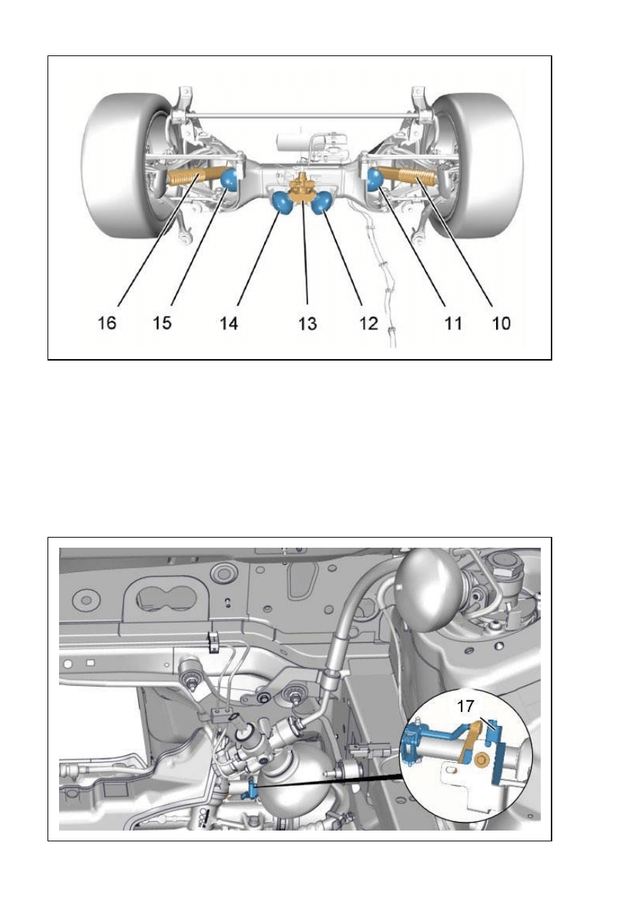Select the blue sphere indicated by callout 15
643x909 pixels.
pos(230,179)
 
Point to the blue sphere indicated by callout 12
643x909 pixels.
pos(322,202)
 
